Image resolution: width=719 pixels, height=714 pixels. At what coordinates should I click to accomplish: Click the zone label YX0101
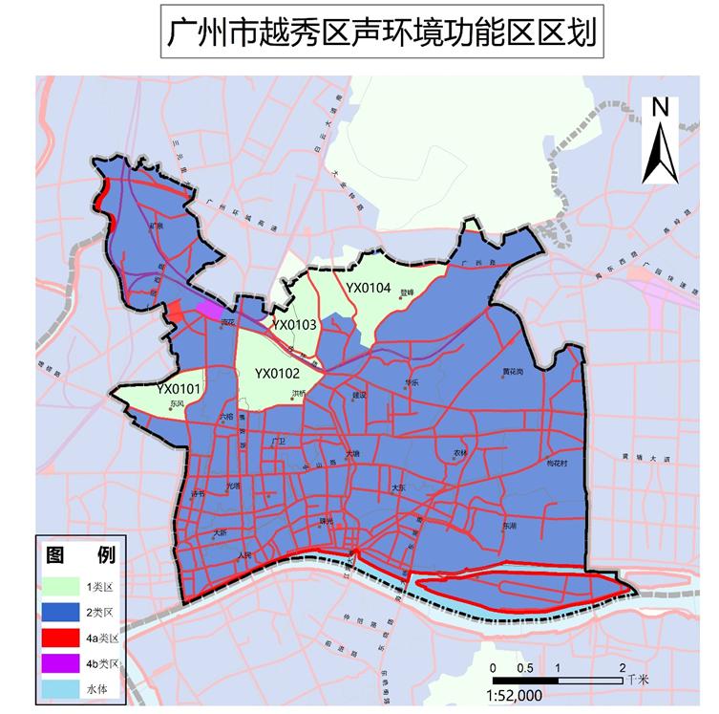coord(179,389)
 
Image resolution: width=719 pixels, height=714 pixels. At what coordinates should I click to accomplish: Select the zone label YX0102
coord(277,373)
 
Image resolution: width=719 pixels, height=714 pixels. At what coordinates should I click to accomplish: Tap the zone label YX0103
coord(294,325)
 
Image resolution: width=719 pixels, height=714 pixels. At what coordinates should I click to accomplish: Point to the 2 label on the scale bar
coord(622,667)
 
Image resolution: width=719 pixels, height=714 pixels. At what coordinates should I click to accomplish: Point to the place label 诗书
coord(199,493)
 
